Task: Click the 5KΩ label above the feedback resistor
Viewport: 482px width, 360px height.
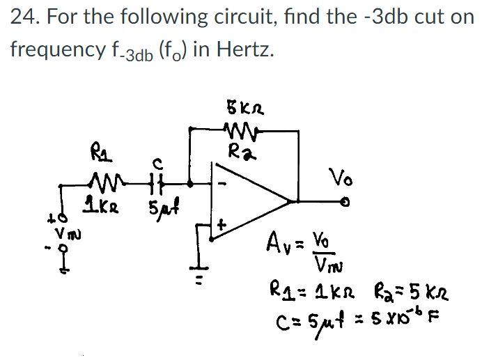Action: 242,109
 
